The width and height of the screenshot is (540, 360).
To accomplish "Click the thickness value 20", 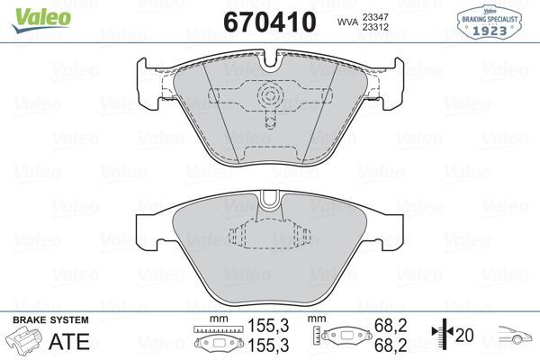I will [465, 336].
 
